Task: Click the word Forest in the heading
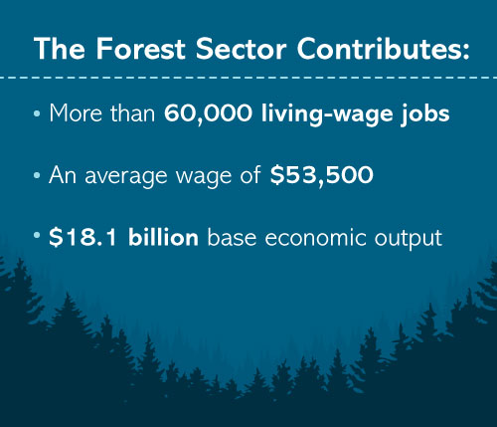tap(140, 49)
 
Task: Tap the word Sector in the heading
tap(241, 49)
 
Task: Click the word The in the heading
tap(60, 49)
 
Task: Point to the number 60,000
tap(208, 113)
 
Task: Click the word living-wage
tap(327, 114)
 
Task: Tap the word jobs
tap(425, 114)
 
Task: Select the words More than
tap(102, 113)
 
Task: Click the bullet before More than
tap(37, 113)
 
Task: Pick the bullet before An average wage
tap(37, 175)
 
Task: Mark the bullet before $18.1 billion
tap(37, 235)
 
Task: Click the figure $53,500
tap(322, 175)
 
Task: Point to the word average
tap(126, 177)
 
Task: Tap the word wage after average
tap(204, 177)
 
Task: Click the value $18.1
tap(83, 238)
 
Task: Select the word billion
tap(163, 237)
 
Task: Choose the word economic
tap(315, 238)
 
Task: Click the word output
tap(409, 239)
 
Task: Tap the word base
tap(232, 237)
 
